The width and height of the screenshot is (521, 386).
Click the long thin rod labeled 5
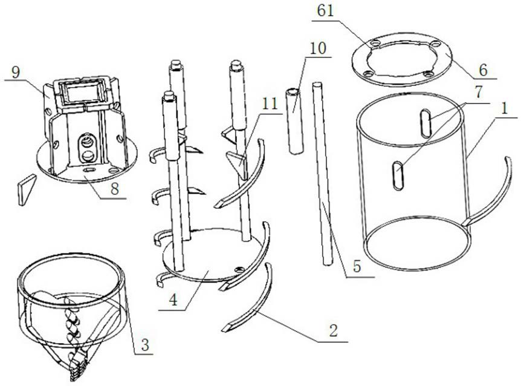322,175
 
